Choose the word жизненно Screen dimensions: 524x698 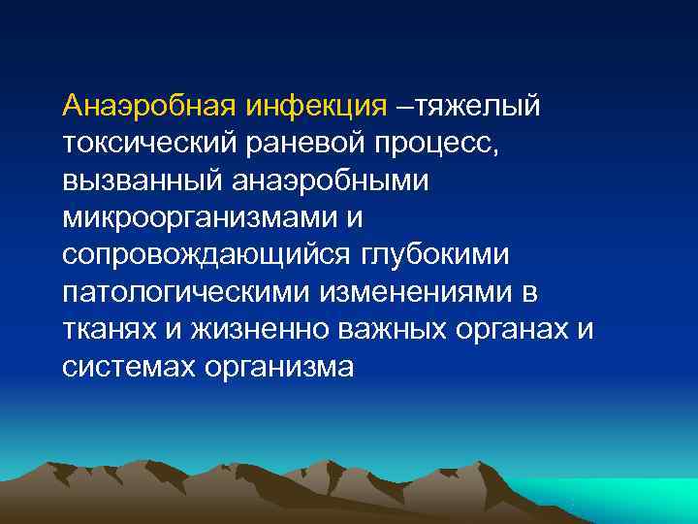(250, 330)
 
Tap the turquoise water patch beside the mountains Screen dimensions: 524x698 (640, 500)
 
